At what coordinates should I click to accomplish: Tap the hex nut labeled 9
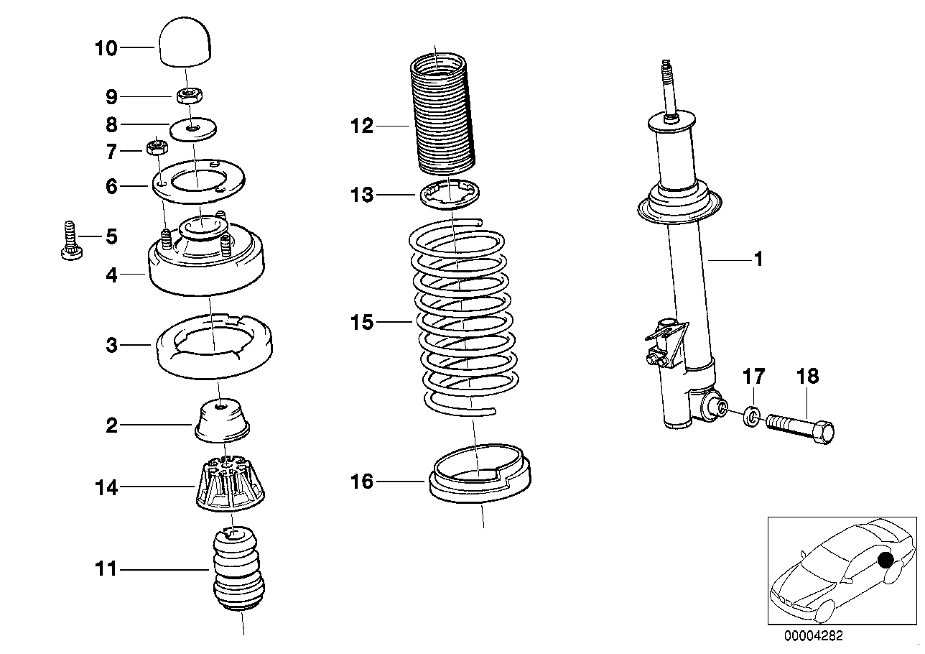point(190,95)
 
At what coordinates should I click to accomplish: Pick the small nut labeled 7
point(157,148)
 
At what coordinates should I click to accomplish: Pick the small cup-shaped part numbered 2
point(222,419)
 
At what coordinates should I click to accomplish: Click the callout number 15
point(363,322)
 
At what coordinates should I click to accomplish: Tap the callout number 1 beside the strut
point(758,259)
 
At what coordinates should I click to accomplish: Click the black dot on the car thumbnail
point(886,560)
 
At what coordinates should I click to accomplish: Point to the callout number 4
point(111,275)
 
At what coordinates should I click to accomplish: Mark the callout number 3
point(111,346)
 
